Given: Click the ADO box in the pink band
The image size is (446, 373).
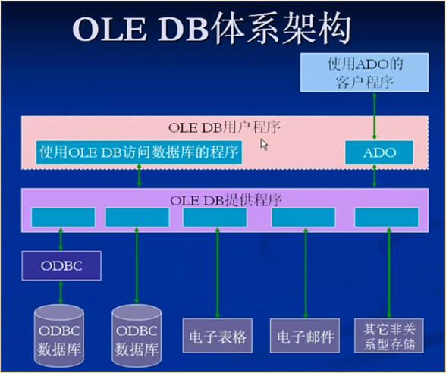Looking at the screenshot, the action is (379, 152).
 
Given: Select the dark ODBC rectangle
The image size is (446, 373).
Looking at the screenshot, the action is (61, 266).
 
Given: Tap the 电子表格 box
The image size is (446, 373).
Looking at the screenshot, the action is (218, 336).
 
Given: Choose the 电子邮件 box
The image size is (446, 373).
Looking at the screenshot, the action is (305, 336).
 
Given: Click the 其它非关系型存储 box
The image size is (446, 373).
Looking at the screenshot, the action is (389, 336).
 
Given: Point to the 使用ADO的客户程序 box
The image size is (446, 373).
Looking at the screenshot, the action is (365, 73).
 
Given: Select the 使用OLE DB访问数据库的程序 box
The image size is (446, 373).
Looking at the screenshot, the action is (139, 152).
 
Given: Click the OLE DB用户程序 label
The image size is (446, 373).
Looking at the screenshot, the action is (225, 127).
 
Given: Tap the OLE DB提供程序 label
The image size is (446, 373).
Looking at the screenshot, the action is (226, 200).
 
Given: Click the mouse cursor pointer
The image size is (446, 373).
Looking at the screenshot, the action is (264, 144).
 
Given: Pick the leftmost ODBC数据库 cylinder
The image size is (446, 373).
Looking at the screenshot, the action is (59, 336).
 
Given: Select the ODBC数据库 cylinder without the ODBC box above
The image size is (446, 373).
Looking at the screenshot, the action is (137, 336).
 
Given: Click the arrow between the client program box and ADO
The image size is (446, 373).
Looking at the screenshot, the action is (375, 116).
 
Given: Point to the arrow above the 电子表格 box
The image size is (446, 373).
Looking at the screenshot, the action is (218, 273).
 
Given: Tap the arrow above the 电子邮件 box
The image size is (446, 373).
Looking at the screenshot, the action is (306, 273).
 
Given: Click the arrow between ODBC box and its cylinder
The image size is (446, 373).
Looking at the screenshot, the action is (61, 293).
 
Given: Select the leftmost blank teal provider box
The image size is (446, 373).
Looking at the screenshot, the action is (63, 218).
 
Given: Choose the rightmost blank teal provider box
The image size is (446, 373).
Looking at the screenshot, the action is (387, 218).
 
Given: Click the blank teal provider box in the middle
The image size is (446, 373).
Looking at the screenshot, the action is (215, 218).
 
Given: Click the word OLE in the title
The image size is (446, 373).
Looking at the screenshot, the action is (109, 30).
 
